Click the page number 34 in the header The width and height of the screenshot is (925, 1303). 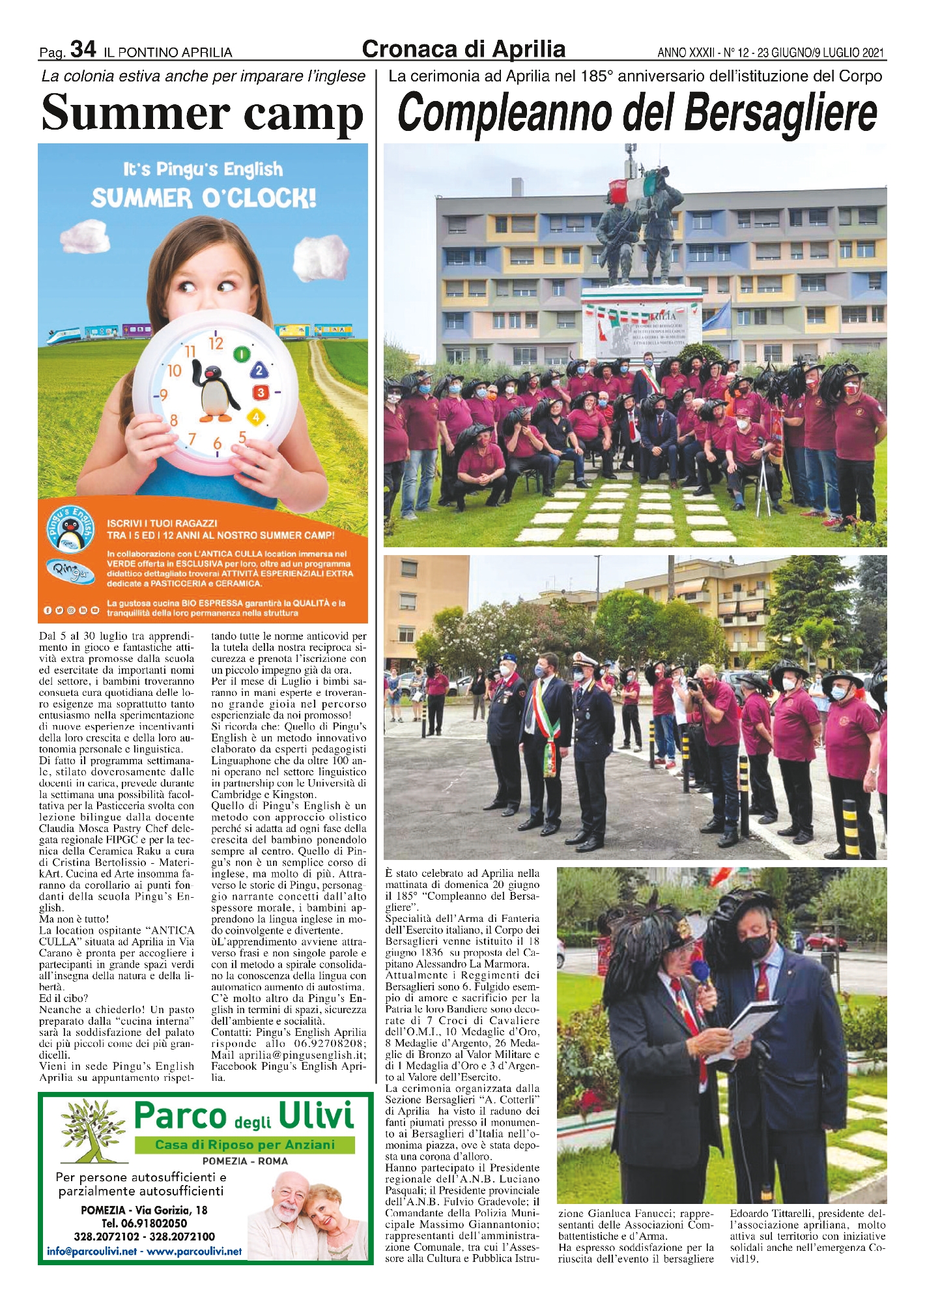coord(83,49)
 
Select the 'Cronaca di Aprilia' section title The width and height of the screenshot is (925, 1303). coord(463,49)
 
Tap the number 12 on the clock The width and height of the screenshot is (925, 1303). coord(216,343)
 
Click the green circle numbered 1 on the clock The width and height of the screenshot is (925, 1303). coord(242,354)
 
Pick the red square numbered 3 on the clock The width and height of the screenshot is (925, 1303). coord(261,392)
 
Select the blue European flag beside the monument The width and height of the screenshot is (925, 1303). coord(724,317)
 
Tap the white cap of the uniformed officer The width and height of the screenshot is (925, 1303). coord(585,659)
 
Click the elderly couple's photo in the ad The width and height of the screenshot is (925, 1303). coord(309,1212)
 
